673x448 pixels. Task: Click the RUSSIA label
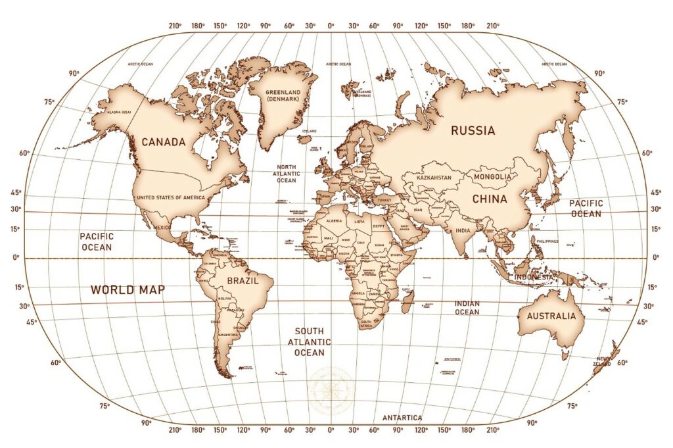[x=473, y=130]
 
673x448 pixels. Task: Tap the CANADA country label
[x=163, y=141]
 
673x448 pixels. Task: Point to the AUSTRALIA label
[x=551, y=316]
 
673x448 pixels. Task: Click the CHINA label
[x=489, y=198]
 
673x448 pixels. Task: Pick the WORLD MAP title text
[x=128, y=289]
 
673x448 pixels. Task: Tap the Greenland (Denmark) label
[x=283, y=95]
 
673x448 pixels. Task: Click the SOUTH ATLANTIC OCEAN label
[x=309, y=342]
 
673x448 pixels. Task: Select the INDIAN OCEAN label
[x=467, y=307]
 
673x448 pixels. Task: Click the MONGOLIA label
[x=492, y=177]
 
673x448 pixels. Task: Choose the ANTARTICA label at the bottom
[x=402, y=418]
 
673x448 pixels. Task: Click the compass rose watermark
[x=331, y=389]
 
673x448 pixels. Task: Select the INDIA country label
[x=463, y=230]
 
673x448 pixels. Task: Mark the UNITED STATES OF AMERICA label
[x=170, y=197]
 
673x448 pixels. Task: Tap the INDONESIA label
[x=534, y=277]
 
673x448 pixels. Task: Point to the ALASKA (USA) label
[x=113, y=112]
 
